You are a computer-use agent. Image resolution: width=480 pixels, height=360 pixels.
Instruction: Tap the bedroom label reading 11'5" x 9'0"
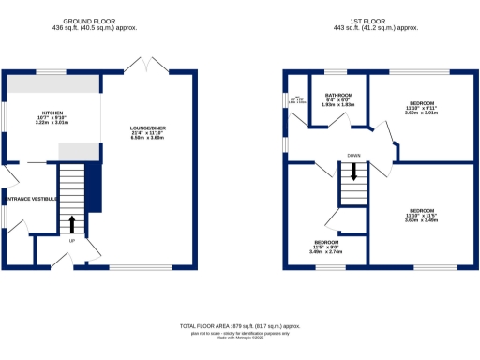click(x=326, y=247)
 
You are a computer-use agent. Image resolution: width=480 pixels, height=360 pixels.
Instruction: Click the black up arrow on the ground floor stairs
click(x=72, y=224)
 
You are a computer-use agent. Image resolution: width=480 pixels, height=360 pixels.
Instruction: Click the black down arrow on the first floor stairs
click(x=353, y=172)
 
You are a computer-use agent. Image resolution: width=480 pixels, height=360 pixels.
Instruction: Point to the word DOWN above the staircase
click(x=353, y=156)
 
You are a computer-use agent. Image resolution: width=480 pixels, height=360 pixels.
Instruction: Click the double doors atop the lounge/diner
click(x=148, y=67)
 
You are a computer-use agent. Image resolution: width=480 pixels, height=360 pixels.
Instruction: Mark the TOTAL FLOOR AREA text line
click(x=239, y=325)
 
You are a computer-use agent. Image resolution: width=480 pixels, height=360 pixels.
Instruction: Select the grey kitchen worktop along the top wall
click(x=52, y=83)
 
